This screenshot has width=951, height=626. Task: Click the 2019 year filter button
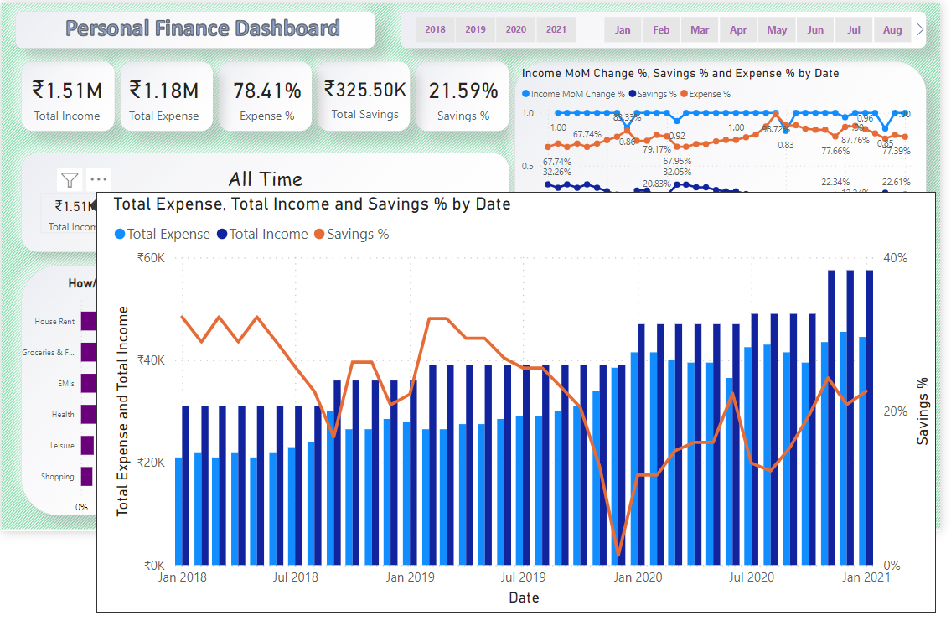(x=475, y=30)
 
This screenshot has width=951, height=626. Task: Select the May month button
(x=777, y=30)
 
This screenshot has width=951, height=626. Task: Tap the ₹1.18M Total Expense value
(x=164, y=91)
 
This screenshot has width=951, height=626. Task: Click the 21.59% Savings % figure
(x=463, y=91)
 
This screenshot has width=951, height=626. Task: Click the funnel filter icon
(x=70, y=179)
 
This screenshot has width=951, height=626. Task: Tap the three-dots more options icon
(x=99, y=179)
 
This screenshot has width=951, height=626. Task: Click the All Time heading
(x=266, y=178)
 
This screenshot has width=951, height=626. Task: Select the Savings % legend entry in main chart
(x=352, y=235)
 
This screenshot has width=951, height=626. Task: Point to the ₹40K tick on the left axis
(x=151, y=360)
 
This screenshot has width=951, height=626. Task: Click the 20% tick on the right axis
(x=896, y=411)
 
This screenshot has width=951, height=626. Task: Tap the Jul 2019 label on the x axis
(x=523, y=577)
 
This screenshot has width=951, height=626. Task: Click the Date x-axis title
(x=524, y=598)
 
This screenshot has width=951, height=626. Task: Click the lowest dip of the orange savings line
(x=619, y=554)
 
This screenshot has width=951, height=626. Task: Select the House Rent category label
(x=54, y=322)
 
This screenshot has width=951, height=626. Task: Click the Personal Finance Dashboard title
(x=203, y=28)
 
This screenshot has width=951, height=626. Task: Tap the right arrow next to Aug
(x=921, y=29)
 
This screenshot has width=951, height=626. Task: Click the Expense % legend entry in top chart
(x=705, y=95)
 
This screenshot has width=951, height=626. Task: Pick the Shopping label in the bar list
(x=58, y=477)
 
